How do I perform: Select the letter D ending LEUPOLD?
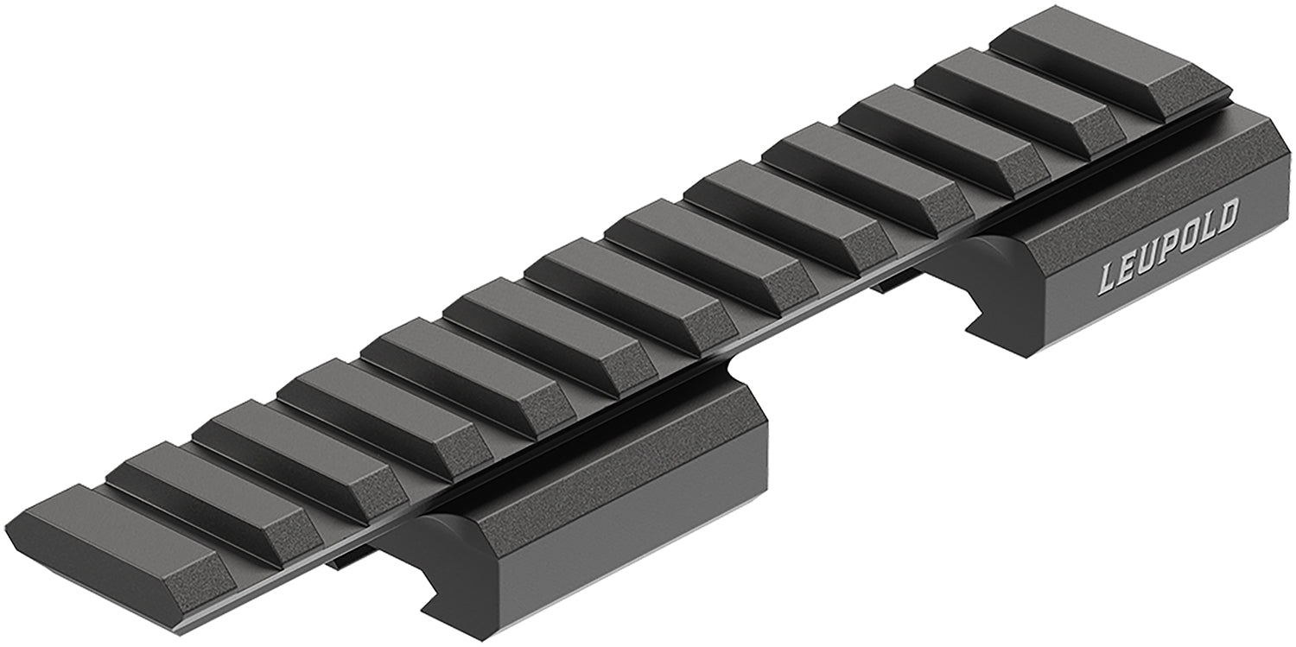pyautogui.click(x=1227, y=214)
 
